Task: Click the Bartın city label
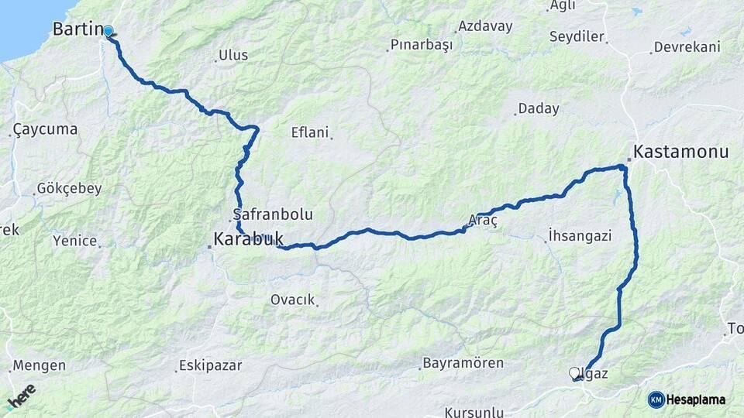(77, 29)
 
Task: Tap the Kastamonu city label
(681, 152)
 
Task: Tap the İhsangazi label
(580, 236)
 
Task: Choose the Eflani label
(310, 132)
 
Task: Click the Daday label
(538, 108)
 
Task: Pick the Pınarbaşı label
(422, 46)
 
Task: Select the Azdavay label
(485, 26)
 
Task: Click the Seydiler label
(577, 36)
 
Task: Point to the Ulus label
(233, 55)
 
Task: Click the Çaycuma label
(45, 129)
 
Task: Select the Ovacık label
(292, 300)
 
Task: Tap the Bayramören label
(463, 363)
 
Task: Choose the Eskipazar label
(210, 365)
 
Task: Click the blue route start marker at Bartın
(108, 32)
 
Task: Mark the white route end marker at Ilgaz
(575, 373)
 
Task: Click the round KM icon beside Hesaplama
(656, 399)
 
